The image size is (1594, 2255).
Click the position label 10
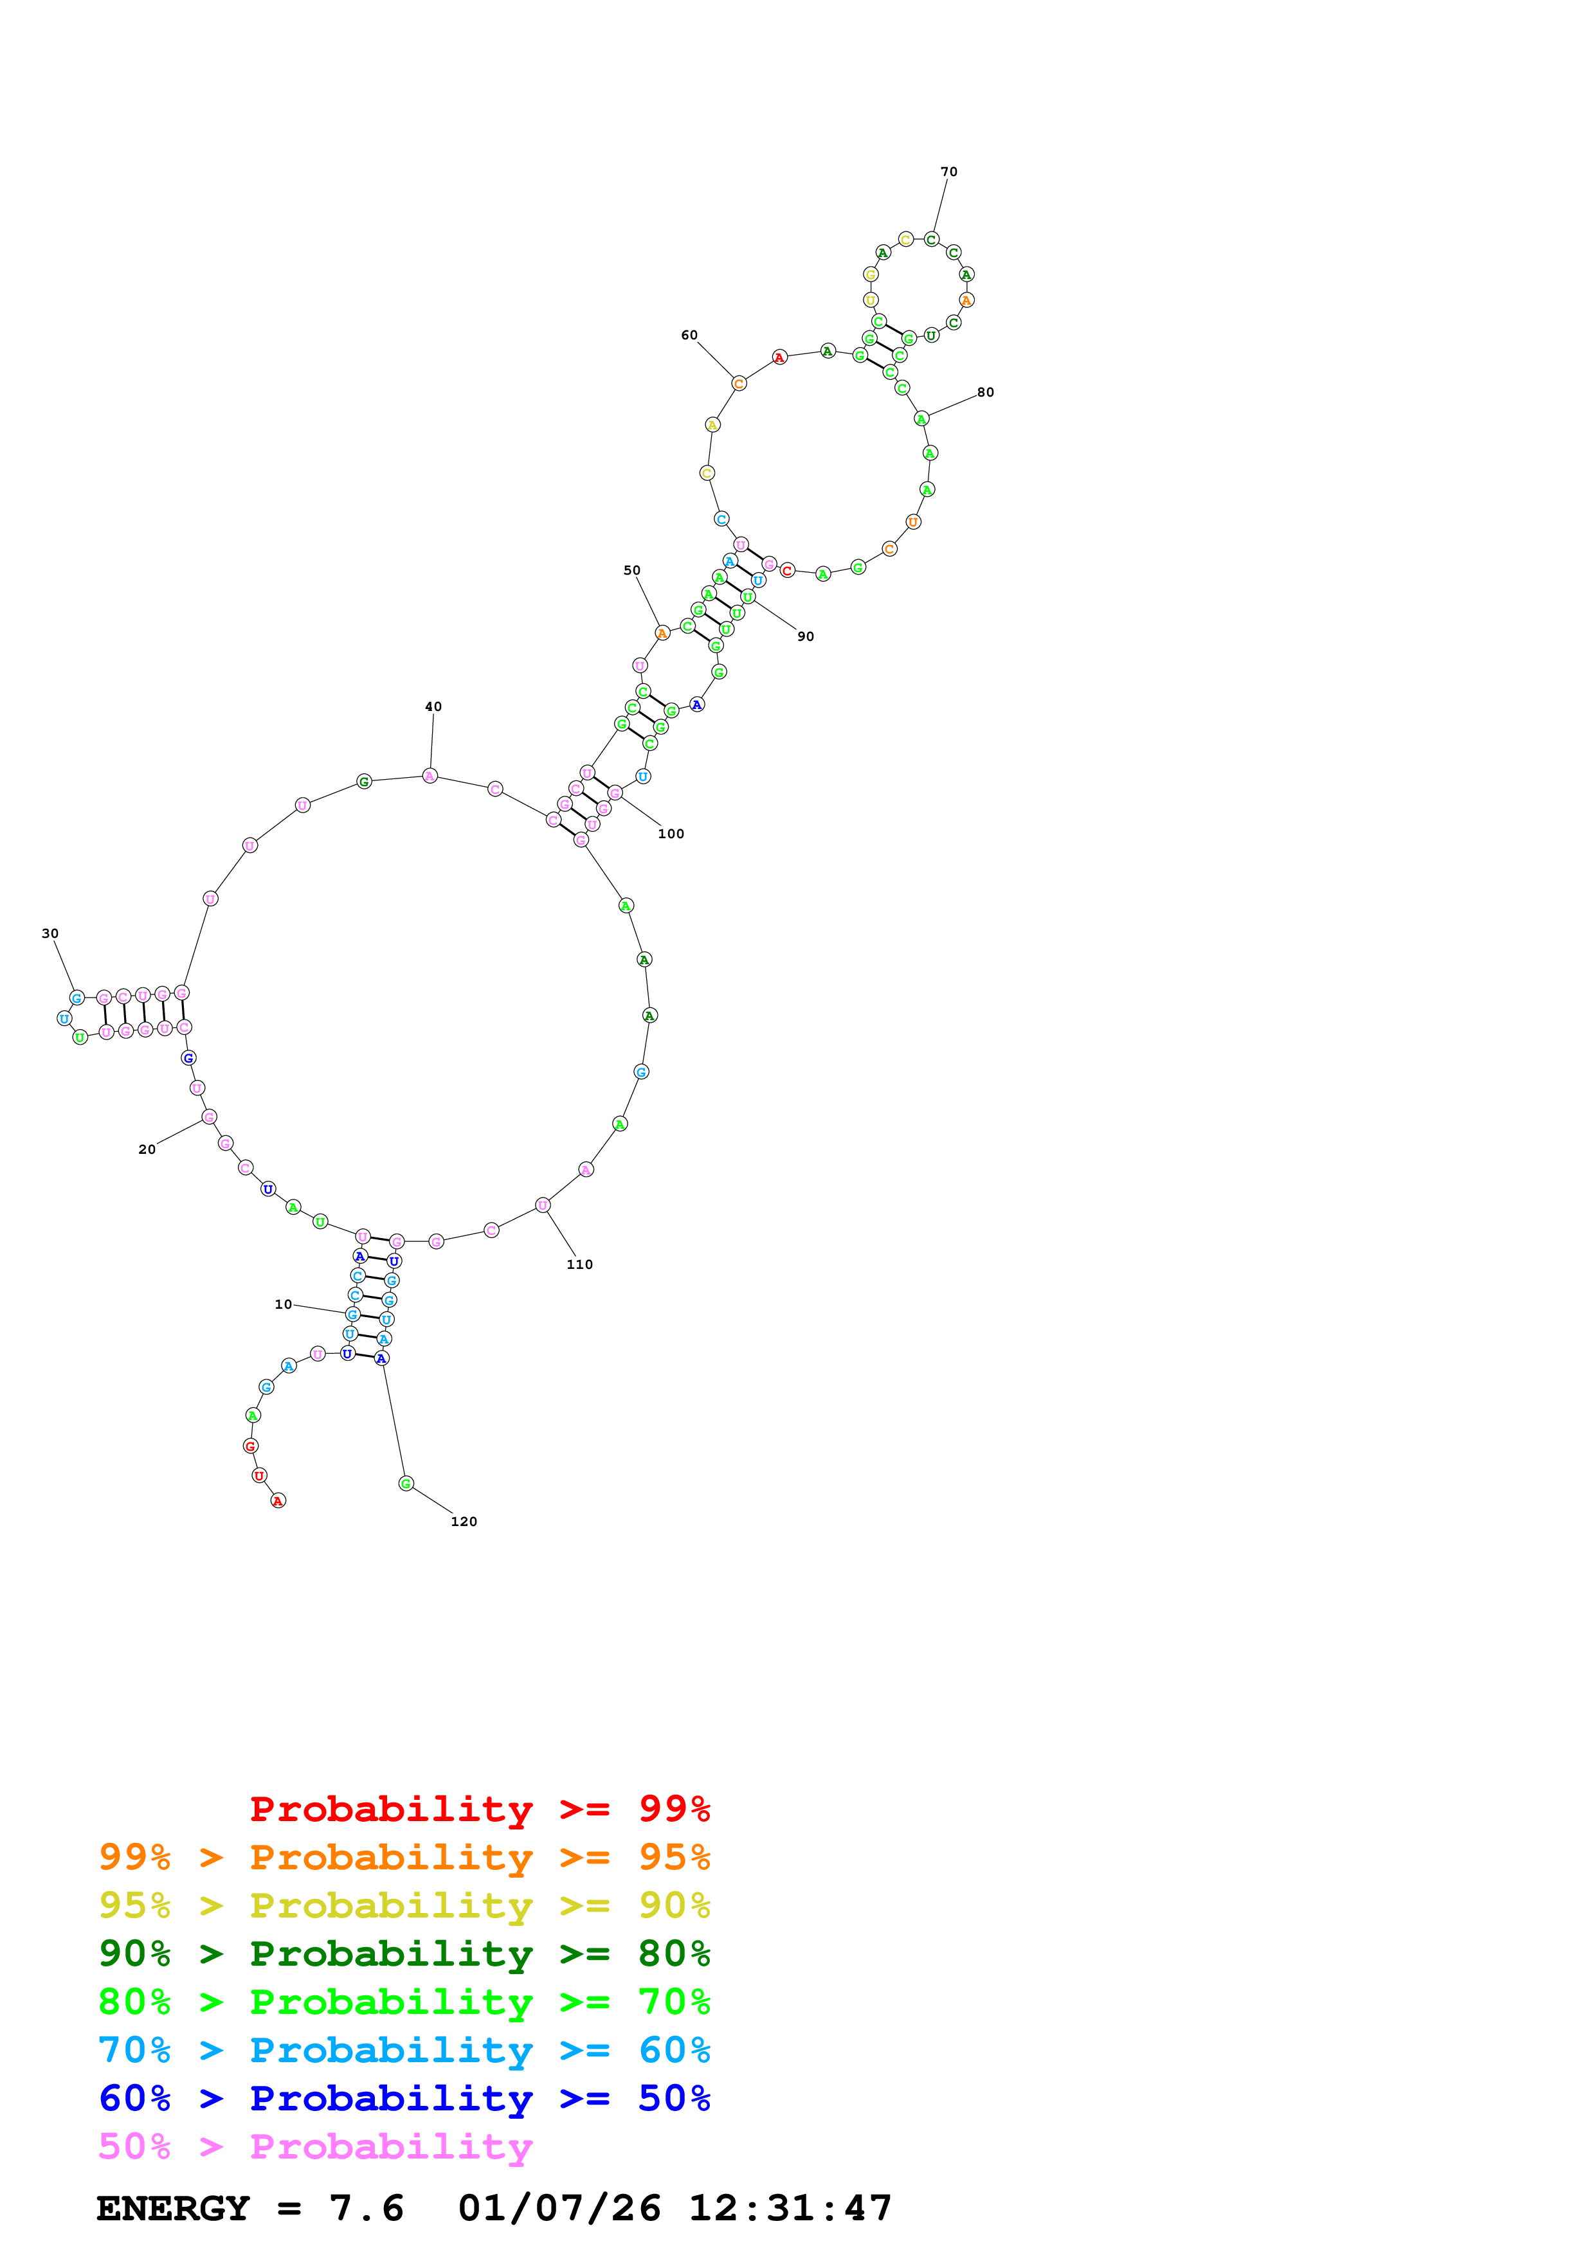(x=283, y=1304)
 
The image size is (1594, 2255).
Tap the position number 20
(x=147, y=1149)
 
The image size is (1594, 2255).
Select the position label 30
(x=50, y=933)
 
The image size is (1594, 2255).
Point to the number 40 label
(x=433, y=706)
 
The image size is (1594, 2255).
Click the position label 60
(x=689, y=335)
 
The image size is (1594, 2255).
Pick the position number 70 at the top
(x=948, y=172)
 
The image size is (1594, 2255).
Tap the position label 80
(x=985, y=392)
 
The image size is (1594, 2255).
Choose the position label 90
(x=805, y=636)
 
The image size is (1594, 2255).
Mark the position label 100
(x=671, y=834)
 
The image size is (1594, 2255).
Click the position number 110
(x=579, y=1264)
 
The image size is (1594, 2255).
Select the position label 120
(x=464, y=1522)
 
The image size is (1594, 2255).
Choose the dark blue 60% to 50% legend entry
(x=404, y=2098)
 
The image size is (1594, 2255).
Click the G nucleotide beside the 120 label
(x=406, y=1483)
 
